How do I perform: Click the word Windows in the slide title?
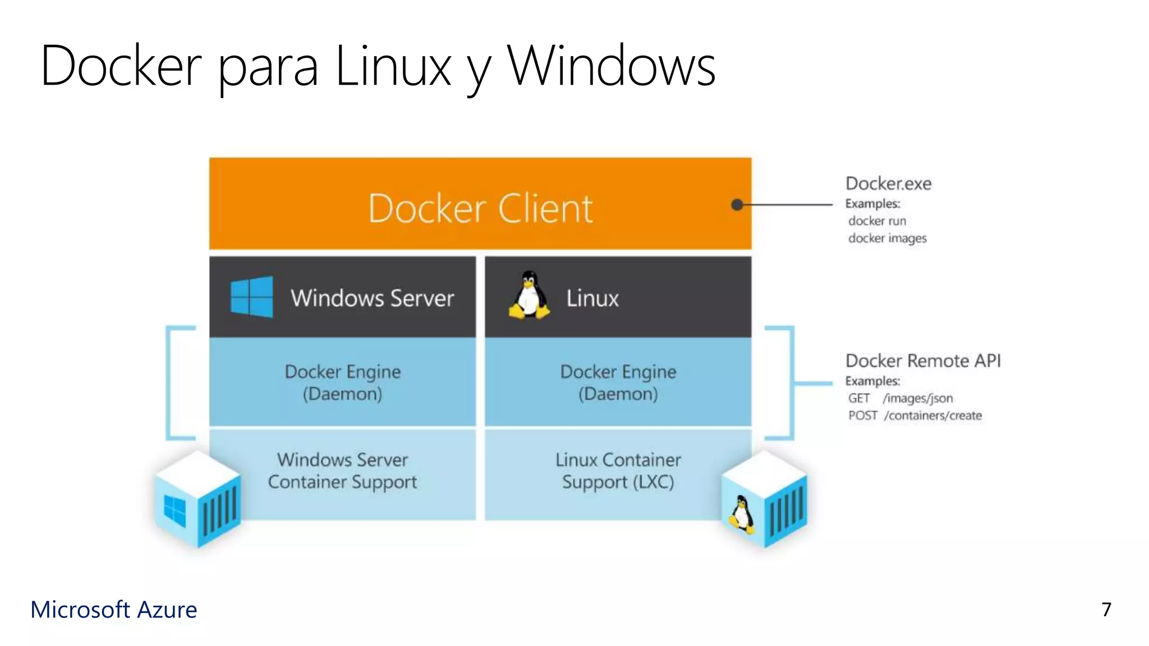611,66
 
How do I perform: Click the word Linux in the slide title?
393,66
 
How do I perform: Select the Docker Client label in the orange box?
480,209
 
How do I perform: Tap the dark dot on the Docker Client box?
737,205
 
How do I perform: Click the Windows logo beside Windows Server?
252,297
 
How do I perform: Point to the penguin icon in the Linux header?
528,296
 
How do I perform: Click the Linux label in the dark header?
592,298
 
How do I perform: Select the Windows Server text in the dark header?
372,298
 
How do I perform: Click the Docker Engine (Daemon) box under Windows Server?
342,382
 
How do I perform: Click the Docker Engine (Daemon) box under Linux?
618,382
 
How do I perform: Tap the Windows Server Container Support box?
342,471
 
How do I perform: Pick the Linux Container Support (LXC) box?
618,471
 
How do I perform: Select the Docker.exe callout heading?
888,183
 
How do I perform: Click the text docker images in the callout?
887,238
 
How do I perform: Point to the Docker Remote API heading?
923,361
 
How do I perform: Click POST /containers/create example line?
914,416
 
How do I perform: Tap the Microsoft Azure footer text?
114,610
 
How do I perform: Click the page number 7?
1106,610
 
